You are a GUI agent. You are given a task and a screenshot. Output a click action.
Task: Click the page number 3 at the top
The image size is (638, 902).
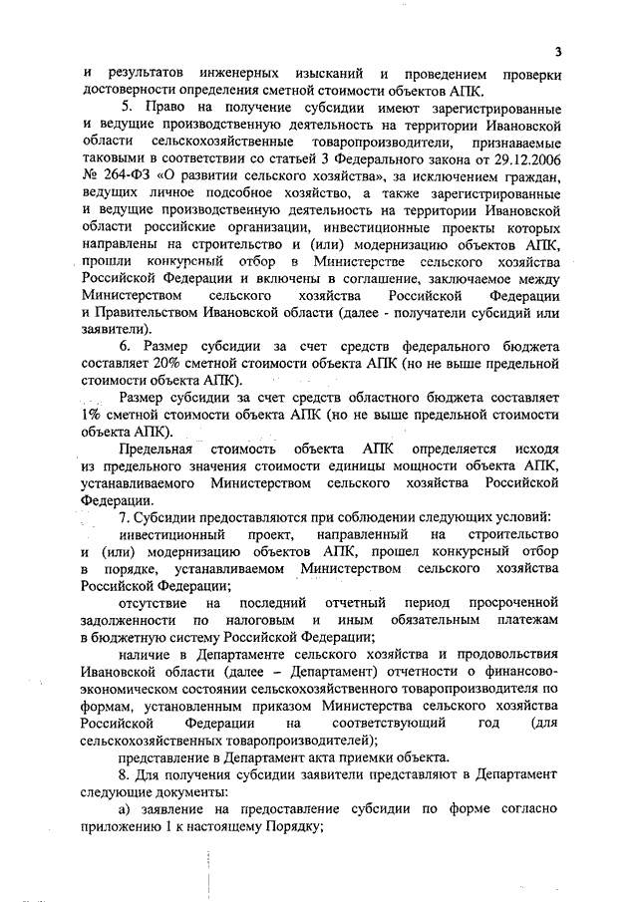pos(559,52)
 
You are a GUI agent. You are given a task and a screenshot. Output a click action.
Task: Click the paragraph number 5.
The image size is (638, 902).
pos(126,107)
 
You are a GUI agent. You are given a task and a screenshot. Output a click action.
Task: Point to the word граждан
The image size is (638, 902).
pos(532,178)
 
